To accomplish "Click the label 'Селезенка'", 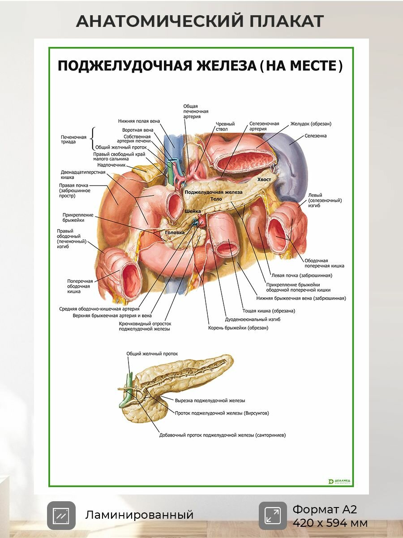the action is (x=315, y=136).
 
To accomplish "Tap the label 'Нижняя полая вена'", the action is (x=139, y=121).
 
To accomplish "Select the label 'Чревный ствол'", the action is (x=225, y=126).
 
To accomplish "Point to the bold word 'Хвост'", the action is (x=264, y=179).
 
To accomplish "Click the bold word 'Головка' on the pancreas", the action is (x=175, y=233).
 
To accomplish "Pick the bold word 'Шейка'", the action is (x=193, y=211).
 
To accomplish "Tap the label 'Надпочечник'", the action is (x=111, y=165).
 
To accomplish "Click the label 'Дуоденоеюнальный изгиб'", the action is (x=253, y=320).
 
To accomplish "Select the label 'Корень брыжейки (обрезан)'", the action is (x=238, y=328).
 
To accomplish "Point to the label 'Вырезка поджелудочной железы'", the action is (x=210, y=401).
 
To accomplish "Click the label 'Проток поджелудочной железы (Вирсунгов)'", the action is (x=222, y=413).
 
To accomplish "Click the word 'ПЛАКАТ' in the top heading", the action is (x=287, y=21).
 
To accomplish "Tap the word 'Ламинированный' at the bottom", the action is (x=139, y=515).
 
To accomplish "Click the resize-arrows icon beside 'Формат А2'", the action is (x=273, y=516).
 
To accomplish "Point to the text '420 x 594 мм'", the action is (x=330, y=523).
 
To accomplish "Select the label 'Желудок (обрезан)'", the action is (x=311, y=124).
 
